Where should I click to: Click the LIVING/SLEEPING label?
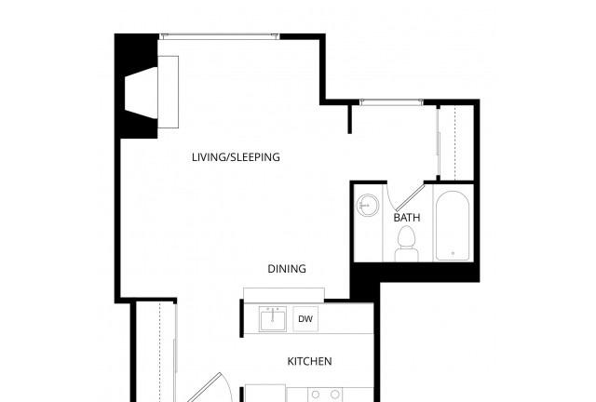point(236,157)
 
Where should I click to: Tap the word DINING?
point(287,269)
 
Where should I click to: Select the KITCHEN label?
point(309,361)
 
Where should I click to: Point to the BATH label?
point(407,218)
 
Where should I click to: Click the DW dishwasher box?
point(305,319)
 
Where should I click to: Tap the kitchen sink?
point(274,318)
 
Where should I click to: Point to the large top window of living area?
point(219,36)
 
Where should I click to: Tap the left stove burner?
point(314,395)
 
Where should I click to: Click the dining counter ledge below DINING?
point(284,294)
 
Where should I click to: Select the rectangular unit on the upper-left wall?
point(168,90)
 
